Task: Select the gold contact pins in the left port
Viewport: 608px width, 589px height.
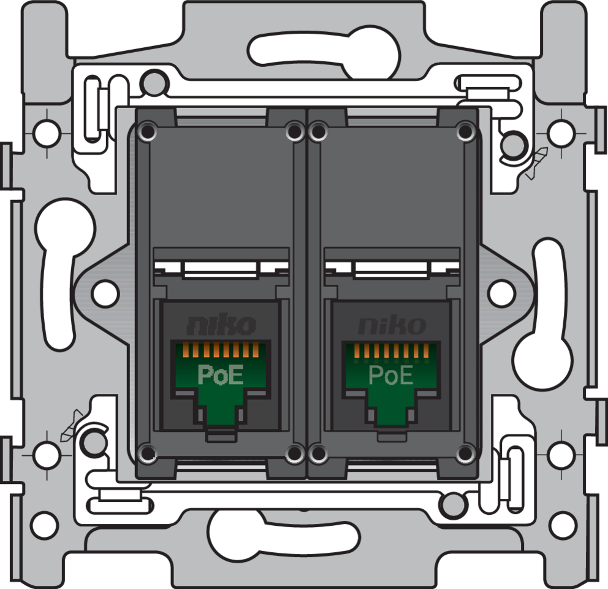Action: click(221, 351)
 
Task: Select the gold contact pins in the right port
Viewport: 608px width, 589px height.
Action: click(391, 351)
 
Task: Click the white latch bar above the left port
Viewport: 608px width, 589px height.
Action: click(219, 269)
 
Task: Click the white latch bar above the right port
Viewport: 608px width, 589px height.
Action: click(390, 269)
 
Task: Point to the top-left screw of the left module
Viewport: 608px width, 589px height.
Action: click(146, 131)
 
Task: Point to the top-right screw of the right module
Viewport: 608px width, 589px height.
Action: click(465, 131)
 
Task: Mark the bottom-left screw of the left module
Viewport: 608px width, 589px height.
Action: click(146, 453)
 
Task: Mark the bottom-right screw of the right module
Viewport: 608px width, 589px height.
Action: click(465, 453)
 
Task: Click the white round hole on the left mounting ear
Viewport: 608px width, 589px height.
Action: click(105, 293)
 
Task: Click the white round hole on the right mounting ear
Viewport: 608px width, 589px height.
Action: click(502, 293)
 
